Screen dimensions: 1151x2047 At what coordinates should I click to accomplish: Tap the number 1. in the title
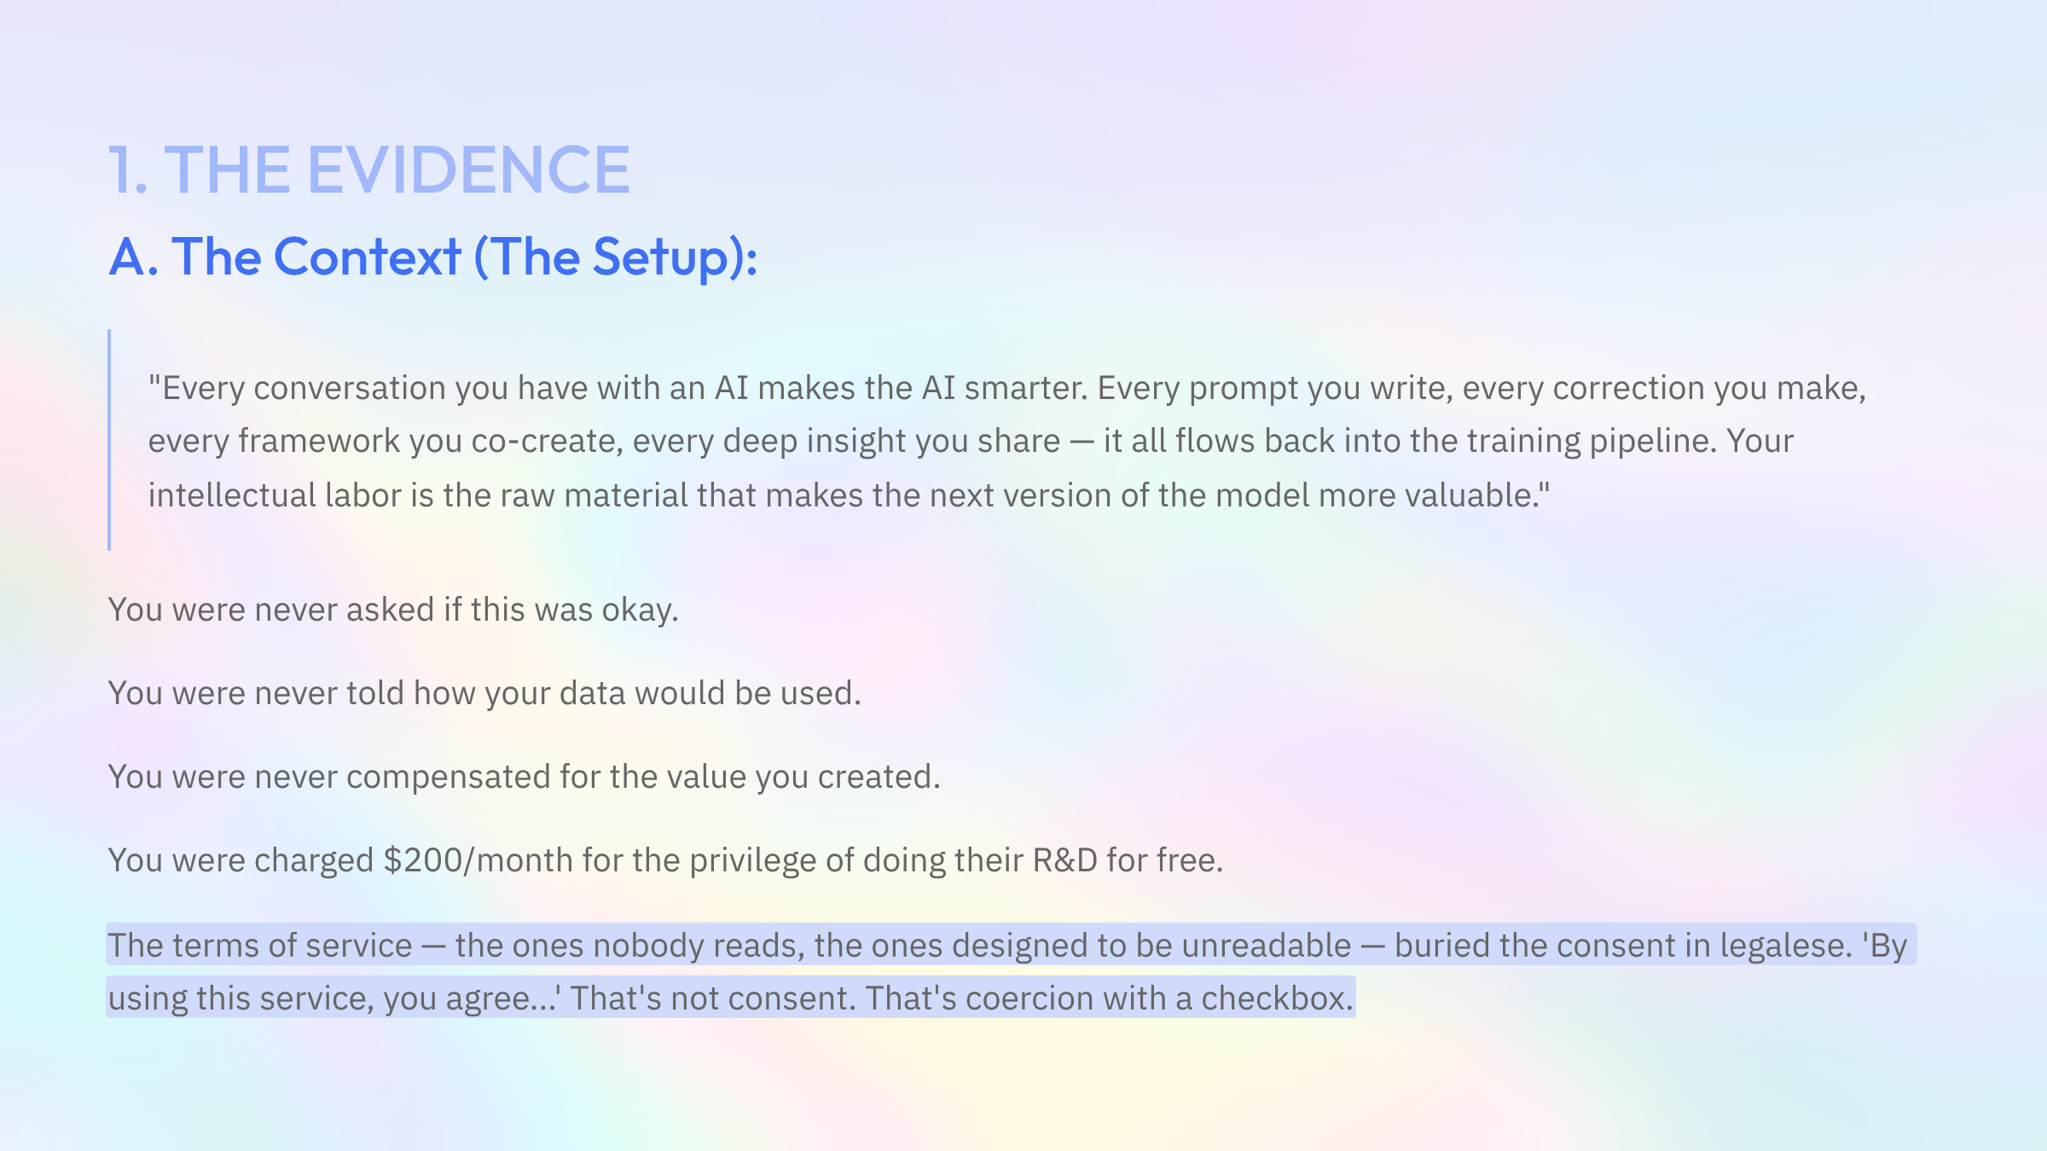(128, 170)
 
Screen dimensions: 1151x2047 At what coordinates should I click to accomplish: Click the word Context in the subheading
(368, 257)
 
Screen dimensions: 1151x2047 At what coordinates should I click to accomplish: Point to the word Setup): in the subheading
(675, 257)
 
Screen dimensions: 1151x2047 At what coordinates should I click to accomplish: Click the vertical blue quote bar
(109, 439)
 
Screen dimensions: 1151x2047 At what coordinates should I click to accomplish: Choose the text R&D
(1064, 860)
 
